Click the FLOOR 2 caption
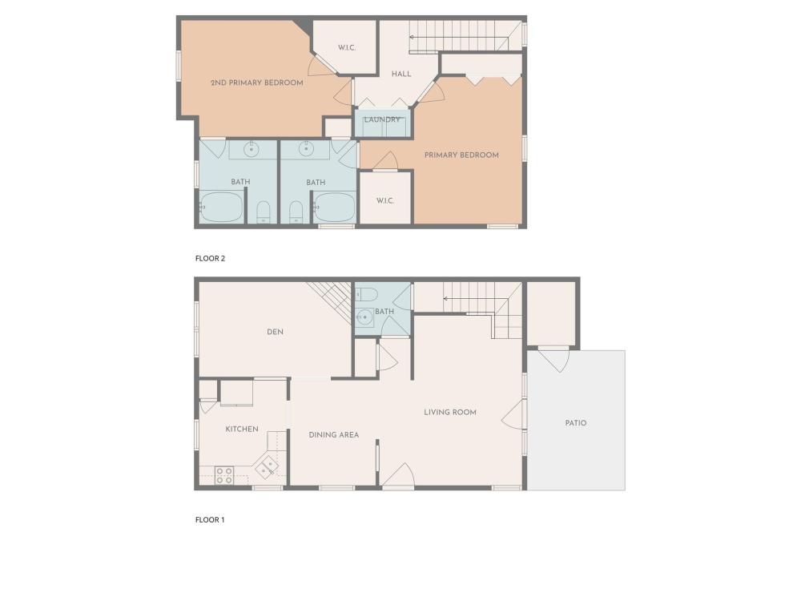pos(210,259)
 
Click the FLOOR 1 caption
pos(209,520)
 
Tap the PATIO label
pos(576,423)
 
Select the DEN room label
pos(275,333)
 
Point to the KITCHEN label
pos(242,430)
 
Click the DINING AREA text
pos(333,435)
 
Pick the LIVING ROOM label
pos(450,413)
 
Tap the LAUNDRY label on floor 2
pos(381,119)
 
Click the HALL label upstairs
pos(401,74)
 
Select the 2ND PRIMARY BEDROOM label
pos(257,83)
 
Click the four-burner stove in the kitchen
pos(223,475)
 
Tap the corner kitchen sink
pos(267,466)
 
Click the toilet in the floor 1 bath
pos(366,294)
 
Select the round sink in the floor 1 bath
pos(364,317)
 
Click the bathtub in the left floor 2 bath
pos(221,207)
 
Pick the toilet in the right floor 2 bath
pos(296,212)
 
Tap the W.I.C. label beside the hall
pos(347,48)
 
